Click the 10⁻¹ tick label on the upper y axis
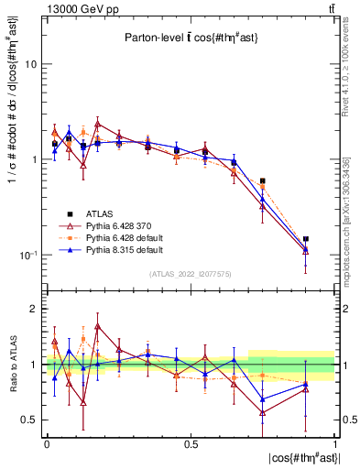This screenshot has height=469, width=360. (27, 255)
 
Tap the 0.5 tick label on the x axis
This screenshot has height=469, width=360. (191, 442)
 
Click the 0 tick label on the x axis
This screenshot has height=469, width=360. (47, 442)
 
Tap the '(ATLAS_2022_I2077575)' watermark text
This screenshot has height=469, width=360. (191, 274)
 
